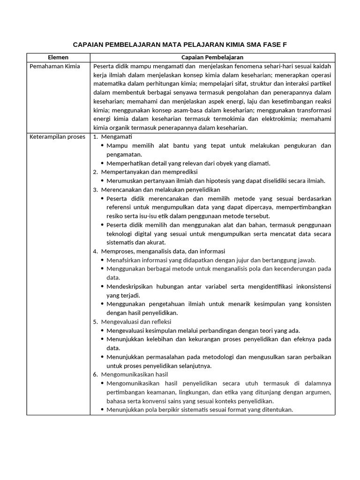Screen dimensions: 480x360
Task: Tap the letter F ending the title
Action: [284, 45]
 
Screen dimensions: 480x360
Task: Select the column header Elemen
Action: [59, 57]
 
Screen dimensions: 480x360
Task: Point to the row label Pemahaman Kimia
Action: [55, 66]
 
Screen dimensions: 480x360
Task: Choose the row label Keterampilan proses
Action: [57, 137]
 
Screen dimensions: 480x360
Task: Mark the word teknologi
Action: [120, 233]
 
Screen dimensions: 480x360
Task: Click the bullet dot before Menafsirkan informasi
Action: [102, 260]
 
